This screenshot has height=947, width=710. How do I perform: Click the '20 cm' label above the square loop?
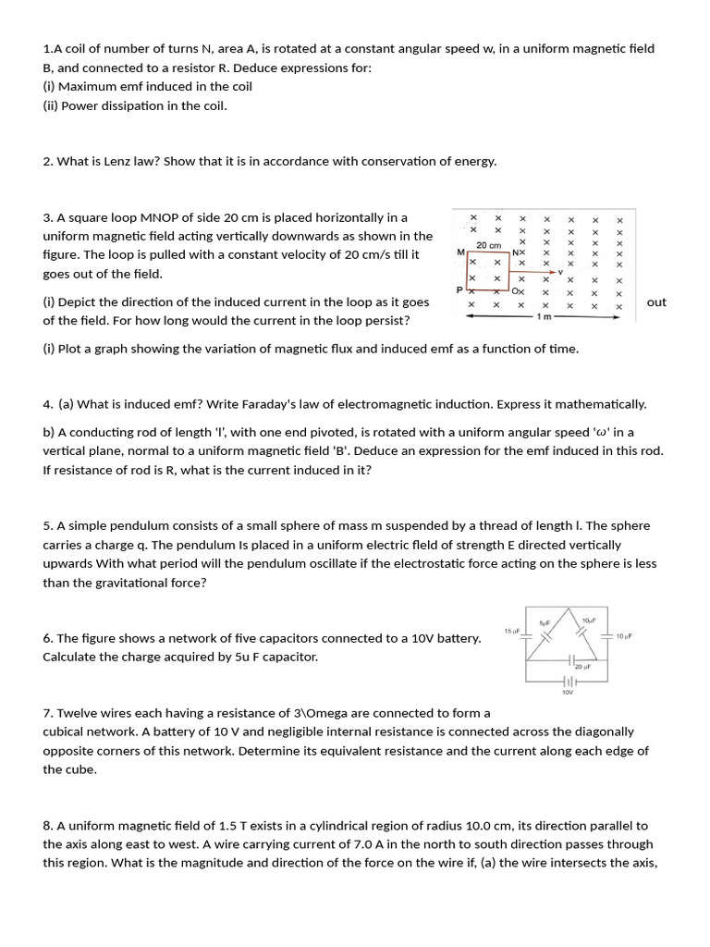pos(488,245)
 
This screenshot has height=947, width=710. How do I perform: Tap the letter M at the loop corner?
pos(460,252)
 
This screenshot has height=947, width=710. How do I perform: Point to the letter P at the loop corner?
pos(460,289)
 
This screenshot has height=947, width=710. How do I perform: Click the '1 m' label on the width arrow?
pos(545,316)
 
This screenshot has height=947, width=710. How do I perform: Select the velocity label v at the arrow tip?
pos(560,271)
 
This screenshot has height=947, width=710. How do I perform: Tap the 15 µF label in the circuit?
pos(512,631)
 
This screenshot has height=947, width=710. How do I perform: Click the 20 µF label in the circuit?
pos(582,666)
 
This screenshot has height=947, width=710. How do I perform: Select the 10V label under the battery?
pos(568,691)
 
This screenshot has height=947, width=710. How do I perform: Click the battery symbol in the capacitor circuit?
pos(568,681)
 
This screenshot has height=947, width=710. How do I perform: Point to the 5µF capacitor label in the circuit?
pos(545,621)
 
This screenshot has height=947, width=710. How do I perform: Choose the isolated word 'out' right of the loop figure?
pos(656,302)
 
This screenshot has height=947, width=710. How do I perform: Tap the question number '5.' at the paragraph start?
pos(48,526)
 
